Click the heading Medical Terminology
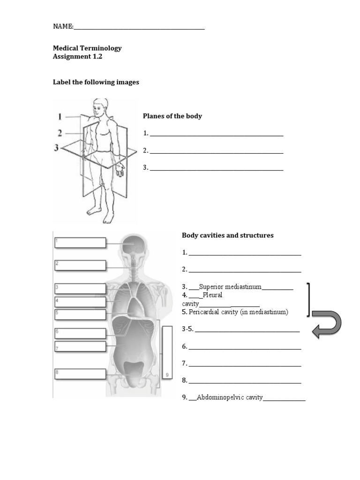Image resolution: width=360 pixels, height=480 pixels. click(87, 48)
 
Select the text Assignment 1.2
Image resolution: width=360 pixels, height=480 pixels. click(77, 57)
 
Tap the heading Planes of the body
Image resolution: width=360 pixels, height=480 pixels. click(172, 116)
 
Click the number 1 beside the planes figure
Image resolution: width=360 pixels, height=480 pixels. click(60, 116)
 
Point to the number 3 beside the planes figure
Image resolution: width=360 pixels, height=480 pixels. click(57, 148)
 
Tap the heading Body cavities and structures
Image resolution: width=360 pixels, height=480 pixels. click(227, 235)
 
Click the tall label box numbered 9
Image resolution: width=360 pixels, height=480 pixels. click(167, 352)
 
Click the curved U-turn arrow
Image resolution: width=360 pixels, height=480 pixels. click(327, 324)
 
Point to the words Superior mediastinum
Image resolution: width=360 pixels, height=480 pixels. click(230, 287)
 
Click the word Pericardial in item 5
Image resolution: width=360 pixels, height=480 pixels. click(205, 312)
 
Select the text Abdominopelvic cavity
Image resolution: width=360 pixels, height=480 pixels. click(230, 397)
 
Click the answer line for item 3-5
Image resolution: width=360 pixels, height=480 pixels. click(247, 330)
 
